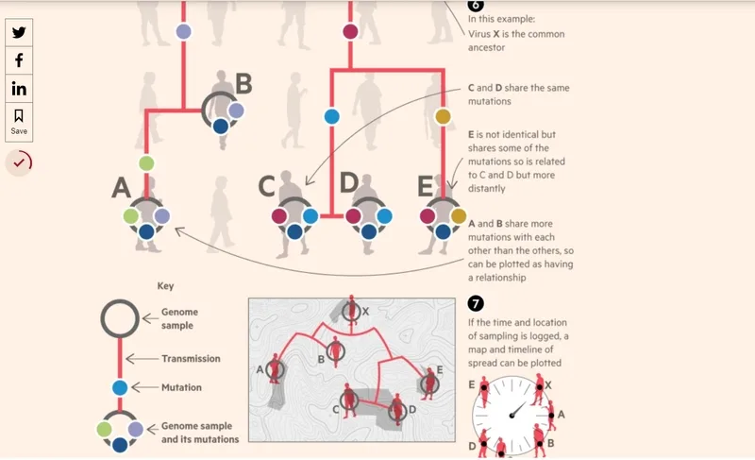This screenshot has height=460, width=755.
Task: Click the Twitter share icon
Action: tap(19, 32)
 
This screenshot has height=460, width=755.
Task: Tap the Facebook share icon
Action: tap(19, 60)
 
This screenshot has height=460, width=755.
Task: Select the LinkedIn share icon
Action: tap(19, 88)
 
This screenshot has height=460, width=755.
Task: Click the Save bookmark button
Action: tap(19, 122)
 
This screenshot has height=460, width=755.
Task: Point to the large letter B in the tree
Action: tap(243, 83)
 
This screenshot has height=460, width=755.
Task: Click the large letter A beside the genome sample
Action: tap(122, 187)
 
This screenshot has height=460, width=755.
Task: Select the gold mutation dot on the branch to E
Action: tap(443, 116)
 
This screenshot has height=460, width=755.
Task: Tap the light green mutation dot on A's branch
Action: tap(146, 163)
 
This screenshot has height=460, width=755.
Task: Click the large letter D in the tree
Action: tap(349, 182)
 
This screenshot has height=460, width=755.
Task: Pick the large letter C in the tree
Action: tap(267, 186)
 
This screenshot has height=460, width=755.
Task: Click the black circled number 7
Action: tap(476, 303)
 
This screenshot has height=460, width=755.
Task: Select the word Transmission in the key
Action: tap(192, 358)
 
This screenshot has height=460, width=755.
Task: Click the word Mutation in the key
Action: tap(181, 387)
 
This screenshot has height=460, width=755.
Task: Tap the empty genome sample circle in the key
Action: tap(120, 300)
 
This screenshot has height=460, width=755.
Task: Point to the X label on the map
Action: tap(365, 312)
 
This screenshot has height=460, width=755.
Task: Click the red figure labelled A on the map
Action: tap(275, 369)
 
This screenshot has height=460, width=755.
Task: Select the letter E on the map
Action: tap(439, 369)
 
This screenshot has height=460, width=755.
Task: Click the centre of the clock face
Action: tap(511, 416)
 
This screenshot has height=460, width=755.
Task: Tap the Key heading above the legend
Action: tap(165, 286)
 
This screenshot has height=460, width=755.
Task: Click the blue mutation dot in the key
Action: tap(120, 388)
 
